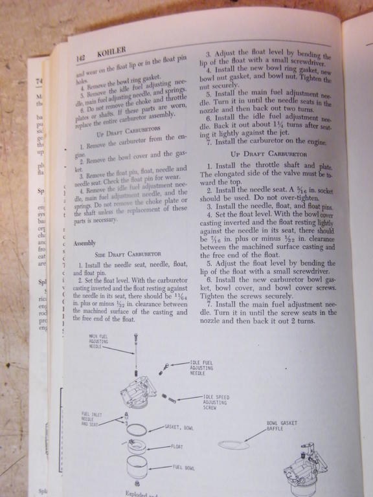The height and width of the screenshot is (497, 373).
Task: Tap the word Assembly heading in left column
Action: [85, 243]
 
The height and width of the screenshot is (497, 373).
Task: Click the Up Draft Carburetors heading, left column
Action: [126, 134]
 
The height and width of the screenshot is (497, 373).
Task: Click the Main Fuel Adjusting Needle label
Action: [98, 341]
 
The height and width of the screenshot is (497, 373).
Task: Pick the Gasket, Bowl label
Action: [179, 428]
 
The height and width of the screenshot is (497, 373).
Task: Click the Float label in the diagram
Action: [177, 447]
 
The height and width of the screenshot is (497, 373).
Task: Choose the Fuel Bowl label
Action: [184, 467]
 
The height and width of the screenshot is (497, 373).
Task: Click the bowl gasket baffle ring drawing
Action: [234, 445]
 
